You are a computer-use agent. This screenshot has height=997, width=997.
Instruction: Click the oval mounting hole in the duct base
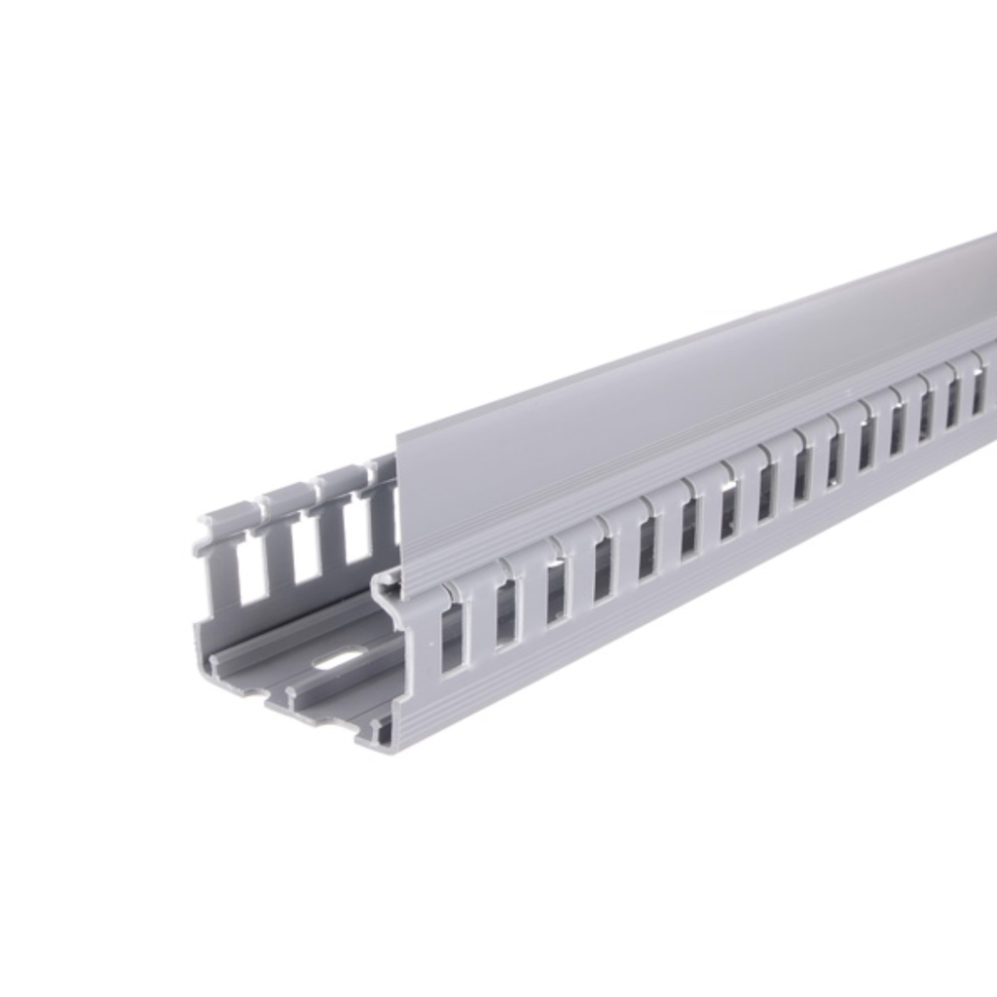click(x=336, y=660)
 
